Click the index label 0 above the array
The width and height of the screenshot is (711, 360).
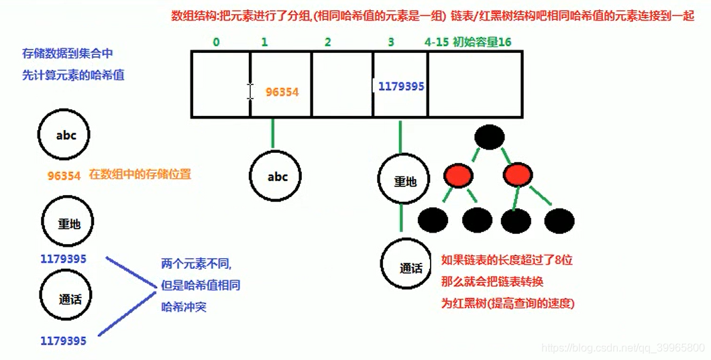[x=216, y=42]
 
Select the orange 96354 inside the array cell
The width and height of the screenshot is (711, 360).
[x=282, y=92]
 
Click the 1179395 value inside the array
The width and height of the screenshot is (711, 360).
[x=401, y=86]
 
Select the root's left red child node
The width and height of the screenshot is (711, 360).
[x=457, y=176]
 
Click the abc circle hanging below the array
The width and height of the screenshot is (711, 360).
[x=277, y=177]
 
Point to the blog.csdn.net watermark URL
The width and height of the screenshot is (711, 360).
[x=623, y=348]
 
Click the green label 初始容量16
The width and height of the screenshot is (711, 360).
[x=482, y=42]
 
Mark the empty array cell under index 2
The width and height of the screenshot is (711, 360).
[x=342, y=85]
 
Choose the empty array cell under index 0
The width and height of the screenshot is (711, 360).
[x=221, y=85]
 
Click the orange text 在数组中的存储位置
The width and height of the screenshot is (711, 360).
[x=140, y=174]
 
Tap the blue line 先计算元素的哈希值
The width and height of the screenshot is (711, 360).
[x=73, y=75]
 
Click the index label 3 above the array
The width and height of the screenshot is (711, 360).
[x=391, y=42]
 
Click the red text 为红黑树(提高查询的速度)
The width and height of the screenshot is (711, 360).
[x=508, y=303]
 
